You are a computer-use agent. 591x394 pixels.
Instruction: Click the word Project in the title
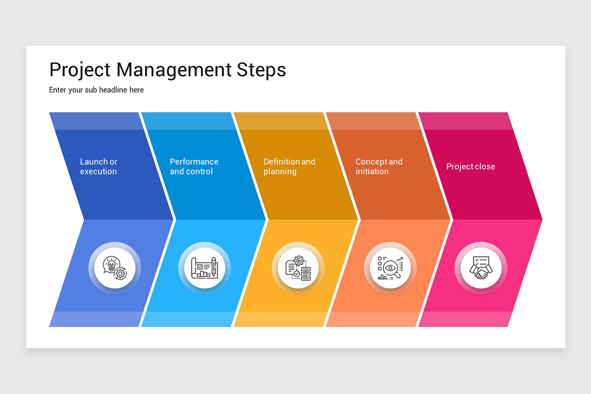point(80,70)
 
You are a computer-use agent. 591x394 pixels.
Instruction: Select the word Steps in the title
point(262,70)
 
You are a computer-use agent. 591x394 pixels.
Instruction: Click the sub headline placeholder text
point(97,90)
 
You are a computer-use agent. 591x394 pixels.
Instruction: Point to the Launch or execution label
point(98,166)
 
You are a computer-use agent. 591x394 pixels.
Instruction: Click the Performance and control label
point(194,166)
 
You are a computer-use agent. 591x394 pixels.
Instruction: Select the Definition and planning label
point(289,166)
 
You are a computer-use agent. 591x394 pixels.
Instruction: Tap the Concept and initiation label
point(379,166)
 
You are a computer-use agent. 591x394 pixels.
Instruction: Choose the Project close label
point(470,166)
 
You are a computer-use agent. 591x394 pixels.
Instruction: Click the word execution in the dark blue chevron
point(98,171)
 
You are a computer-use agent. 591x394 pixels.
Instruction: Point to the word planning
point(280,171)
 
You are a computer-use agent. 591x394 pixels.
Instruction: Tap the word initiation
point(372,171)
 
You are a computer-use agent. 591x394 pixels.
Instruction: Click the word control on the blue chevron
point(199,171)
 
